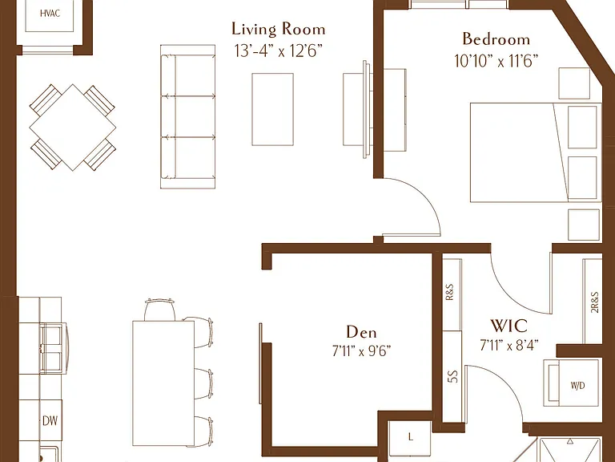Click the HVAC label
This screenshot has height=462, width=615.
50,14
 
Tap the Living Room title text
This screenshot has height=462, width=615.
279,30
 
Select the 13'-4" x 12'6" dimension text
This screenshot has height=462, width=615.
279,51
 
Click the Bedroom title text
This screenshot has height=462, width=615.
496,38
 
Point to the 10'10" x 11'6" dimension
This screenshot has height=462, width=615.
496,61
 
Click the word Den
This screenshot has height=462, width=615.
361,332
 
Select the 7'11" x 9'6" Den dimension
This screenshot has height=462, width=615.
361,351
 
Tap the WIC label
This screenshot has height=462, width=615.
509,326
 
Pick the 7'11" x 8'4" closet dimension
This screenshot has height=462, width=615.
509,346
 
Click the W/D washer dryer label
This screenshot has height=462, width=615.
577,386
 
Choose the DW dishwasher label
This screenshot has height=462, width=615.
50,421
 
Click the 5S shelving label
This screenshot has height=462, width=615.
452,377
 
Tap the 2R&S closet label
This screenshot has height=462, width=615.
595,302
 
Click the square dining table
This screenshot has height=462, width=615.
73,128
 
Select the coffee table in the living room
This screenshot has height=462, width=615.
272,109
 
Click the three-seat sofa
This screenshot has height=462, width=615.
188,116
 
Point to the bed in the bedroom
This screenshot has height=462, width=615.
536,152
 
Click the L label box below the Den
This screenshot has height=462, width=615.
410,437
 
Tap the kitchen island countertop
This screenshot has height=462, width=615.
163,383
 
